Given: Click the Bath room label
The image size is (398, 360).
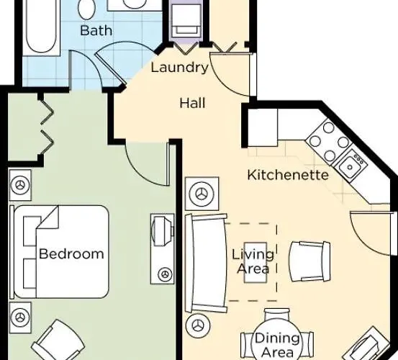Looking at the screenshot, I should [96, 30].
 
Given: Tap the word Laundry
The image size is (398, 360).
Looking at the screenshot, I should [180, 68].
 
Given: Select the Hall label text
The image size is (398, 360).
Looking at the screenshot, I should [192, 103].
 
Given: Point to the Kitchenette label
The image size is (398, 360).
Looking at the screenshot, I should [288, 175].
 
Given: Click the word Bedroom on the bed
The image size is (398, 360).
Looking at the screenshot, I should [71, 254].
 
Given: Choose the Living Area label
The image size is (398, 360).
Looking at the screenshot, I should [252, 262].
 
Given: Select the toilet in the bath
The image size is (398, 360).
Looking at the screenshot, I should [87, 9].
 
